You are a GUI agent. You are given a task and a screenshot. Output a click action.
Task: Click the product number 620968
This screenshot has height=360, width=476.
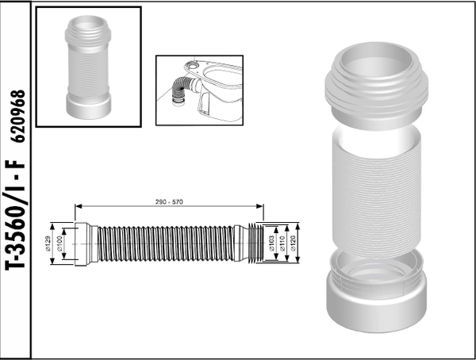tap(20, 116)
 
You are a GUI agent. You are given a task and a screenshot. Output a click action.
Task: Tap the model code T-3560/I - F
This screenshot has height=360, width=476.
tap(17, 224)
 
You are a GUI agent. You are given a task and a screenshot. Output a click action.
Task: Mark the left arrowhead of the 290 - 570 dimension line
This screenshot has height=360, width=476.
tap(78, 209)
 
